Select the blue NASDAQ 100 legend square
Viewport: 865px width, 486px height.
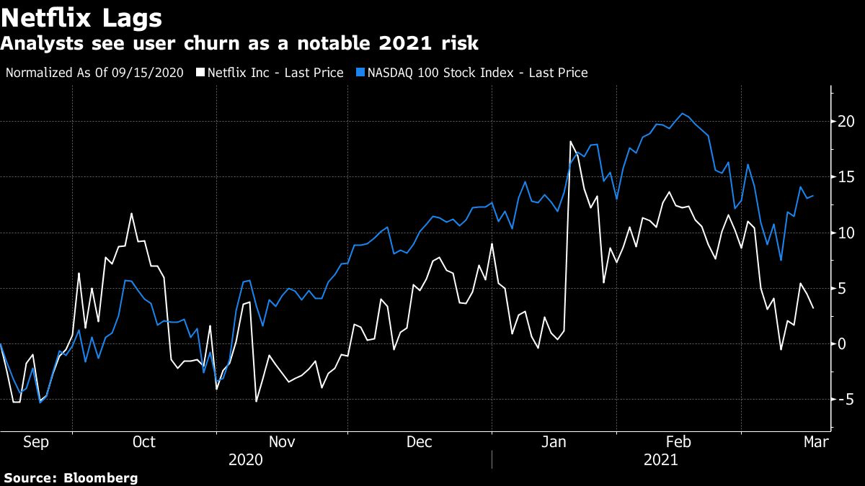tap(360, 73)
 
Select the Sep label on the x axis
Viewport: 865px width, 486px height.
tap(36, 442)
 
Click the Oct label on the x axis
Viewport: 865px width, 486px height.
tap(144, 442)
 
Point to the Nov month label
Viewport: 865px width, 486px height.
tap(282, 442)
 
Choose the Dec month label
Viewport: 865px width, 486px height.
tap(420, 442)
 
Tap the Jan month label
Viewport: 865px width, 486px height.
tap(554, 442)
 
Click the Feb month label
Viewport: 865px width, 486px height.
tap(678, 442)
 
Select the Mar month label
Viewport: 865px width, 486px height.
tap(815, 442)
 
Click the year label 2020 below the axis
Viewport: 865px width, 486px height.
tap(246, 460)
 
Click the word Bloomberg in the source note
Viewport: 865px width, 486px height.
tap(101, 477)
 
